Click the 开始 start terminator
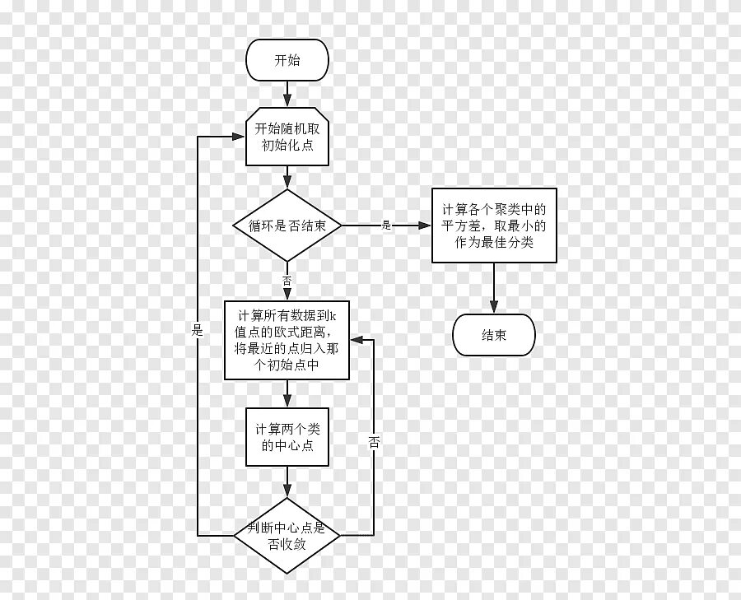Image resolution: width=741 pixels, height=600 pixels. (x=287, y=60)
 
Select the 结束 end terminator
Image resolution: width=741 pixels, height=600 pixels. (x=494, y=335)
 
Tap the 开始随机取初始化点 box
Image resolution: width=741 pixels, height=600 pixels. (x=287, y=137)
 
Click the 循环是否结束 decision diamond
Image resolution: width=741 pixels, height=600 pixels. (x=287, y=226)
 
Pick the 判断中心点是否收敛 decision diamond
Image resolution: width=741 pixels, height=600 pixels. (x=287, y=536)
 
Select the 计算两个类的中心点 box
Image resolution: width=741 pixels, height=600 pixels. (x=287, y=438)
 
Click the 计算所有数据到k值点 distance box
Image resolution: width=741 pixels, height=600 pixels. (x=287, y=340)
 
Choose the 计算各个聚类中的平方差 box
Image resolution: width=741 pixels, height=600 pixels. (x=494, y=226)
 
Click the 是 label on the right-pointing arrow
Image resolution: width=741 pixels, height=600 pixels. (x=386, y=225)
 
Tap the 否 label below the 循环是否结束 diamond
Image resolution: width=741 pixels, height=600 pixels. (x=287, y=281)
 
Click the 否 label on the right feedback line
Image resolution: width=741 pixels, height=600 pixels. (x=374, y=442)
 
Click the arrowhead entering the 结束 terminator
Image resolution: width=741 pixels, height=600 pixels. (x=494, y=309)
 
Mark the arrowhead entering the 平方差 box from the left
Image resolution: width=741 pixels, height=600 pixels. (x=426, y=226)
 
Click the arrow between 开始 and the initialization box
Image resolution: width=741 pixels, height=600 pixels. (x=287, y=93)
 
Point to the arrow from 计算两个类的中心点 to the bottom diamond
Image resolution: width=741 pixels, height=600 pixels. (x=287, y=482)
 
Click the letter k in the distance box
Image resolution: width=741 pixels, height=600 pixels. (x=345, y=316)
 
